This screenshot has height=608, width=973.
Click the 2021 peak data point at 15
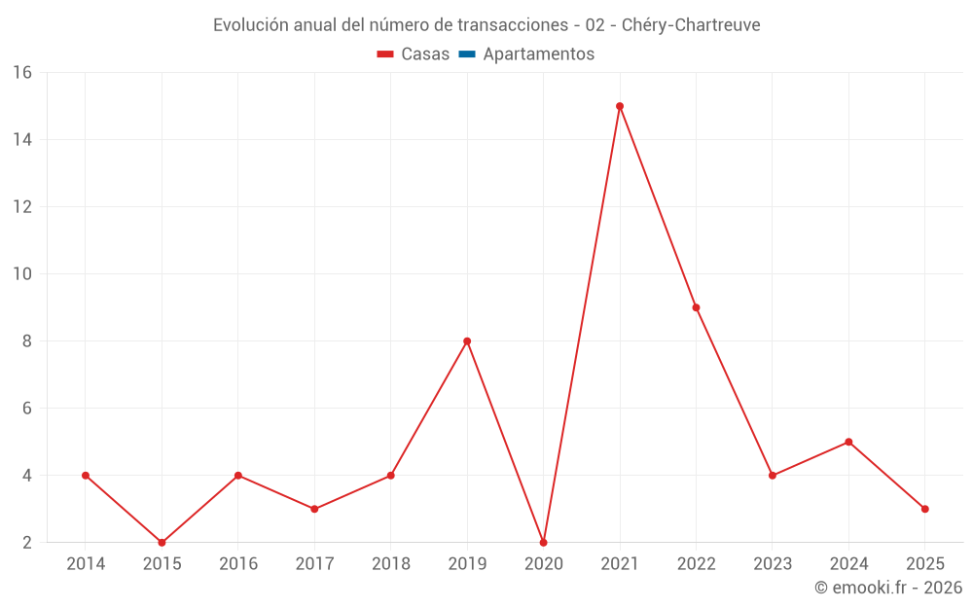pos(620,106)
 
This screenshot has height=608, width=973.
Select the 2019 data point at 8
pos(467,341)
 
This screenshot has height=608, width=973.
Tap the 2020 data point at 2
pos(543,543)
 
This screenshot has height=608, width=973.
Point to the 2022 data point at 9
pos(696,307)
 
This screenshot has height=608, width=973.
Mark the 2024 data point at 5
pos(848,442)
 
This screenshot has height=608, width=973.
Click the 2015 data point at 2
pos(162,543)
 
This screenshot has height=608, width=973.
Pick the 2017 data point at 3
pos(314,509)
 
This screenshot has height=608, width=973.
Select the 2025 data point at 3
pos(924,509)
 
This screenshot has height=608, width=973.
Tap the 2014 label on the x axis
pos(86,564)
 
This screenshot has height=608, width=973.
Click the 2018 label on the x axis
pos(391,564)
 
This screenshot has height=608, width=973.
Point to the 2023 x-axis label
pos(773,564)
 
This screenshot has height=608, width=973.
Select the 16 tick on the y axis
pos(22,73)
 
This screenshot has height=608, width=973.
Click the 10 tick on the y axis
pos(22,274)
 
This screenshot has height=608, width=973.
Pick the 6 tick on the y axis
pos(27,409)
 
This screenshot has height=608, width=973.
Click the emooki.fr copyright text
pos(888,588)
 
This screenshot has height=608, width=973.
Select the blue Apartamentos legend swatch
pos(467,54)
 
